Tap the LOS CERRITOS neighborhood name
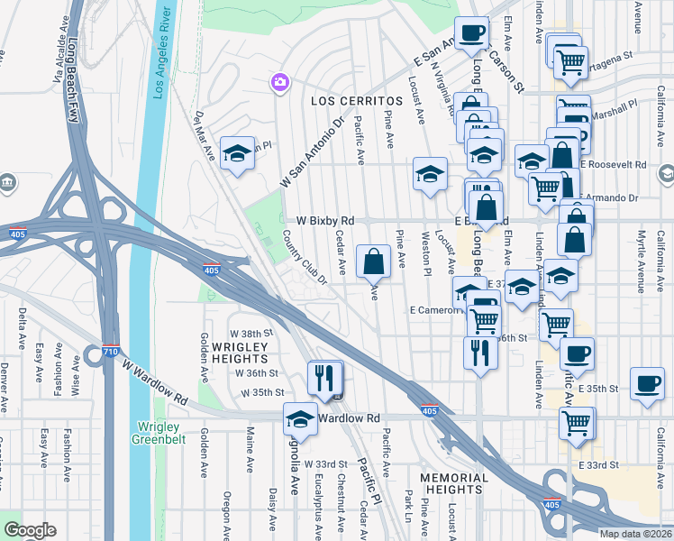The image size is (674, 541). [x=356, y=101]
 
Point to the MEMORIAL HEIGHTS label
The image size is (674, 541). [x=456, y=482]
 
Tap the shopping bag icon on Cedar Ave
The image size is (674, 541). [x=373, y=262]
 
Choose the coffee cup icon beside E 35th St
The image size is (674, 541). [x=647, y=384]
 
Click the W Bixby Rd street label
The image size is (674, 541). [x=325, y=220]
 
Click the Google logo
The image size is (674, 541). [x=31, y=530]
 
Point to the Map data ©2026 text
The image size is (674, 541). [x=635, y=534]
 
